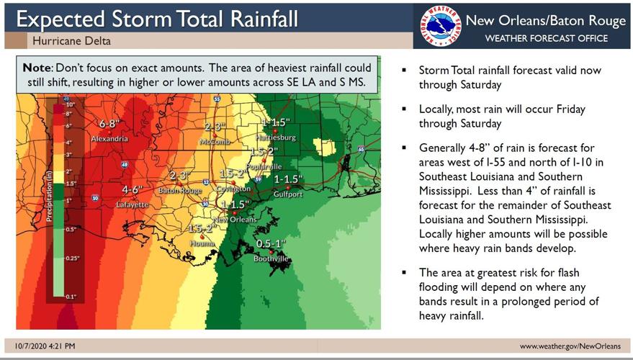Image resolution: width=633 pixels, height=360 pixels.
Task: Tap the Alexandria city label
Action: click(x=109, y=138)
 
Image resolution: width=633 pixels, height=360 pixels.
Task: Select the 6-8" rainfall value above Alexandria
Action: click(x=112, y=124)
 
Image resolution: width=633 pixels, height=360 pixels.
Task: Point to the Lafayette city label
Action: click(x=133, y=204)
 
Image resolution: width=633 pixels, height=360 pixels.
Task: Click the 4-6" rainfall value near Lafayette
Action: click(x=132, y=190)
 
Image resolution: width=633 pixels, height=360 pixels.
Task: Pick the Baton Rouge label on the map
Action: click(x=181, y=191)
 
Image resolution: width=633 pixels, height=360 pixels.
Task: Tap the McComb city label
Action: click(x=215, y=141)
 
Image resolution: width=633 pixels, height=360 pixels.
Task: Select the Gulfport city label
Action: click(x=288, y=194)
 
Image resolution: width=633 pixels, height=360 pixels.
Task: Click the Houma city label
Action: click(x=202, y=244)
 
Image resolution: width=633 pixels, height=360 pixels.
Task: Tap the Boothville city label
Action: click(x=271, y=258)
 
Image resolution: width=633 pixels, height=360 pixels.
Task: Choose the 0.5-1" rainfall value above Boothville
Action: click(x=271, y=244)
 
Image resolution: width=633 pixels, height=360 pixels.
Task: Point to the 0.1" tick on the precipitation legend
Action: click(x=70, y=296)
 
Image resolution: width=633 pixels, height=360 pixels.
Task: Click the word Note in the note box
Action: click(x=37, y=68)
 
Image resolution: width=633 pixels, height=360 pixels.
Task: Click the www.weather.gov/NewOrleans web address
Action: click(x=570, y=346)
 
